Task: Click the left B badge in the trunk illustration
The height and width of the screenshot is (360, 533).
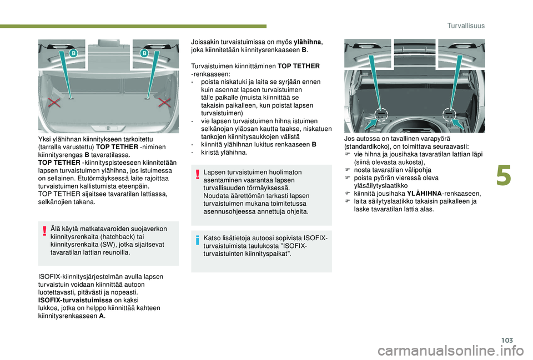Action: click(x=73, y=53)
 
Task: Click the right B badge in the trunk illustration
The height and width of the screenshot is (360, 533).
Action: click(x=144, y=53)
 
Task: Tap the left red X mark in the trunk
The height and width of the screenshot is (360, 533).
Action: click(x=54, y=103)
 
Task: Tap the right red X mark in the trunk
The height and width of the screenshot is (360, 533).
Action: click(x=164, y=103)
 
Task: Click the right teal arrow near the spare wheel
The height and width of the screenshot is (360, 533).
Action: click(x=458, y=124)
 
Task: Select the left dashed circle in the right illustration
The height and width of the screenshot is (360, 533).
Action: click(x=381, y=114)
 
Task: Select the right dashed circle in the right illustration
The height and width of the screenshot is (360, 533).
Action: click(x=449, y=114)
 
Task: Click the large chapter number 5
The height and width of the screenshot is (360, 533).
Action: click(x=504, y=176)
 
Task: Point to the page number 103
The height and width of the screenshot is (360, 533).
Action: click(x=507, y=340)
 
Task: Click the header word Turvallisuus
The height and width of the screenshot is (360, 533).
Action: click(x=466, y=26)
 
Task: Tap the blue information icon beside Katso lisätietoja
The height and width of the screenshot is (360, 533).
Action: click(x=197, y=240)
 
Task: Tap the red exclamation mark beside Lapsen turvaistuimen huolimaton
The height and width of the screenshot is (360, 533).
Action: click(x=197, y=175)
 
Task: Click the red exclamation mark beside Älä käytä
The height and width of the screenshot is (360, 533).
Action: click(x=44, y=231)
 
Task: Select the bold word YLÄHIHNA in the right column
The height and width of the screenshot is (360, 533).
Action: click(x=424, y=194)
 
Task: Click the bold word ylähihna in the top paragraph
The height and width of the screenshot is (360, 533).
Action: click(x=307, y=42)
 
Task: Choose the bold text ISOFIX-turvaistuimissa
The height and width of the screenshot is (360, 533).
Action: click(x=75, y=300)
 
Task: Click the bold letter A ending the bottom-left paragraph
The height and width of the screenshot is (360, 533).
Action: click(x=101, y=316)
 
